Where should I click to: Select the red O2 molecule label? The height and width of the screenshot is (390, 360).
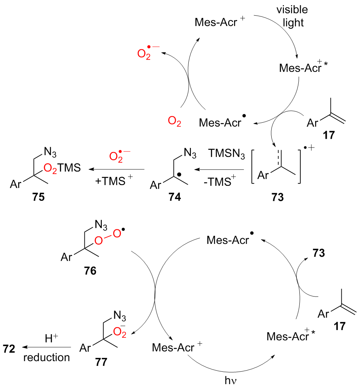coord(174,122)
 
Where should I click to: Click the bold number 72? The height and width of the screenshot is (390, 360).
coord(10,349)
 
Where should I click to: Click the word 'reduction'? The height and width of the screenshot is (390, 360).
coord(46,357)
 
